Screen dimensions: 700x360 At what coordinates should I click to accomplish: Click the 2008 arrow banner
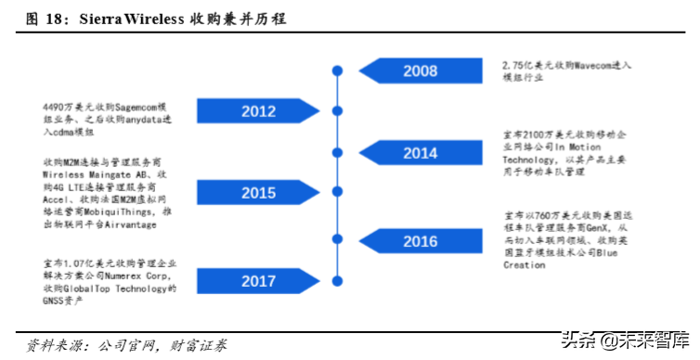[421, 71]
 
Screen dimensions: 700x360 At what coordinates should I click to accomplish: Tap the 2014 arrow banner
[421, 153]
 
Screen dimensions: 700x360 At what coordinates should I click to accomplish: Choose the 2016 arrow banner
[421, 241]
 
